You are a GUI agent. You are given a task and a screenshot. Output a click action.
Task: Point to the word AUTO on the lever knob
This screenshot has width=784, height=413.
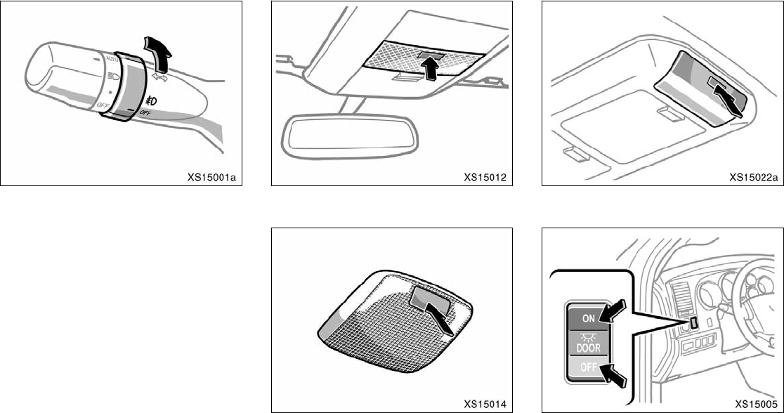tap(110, 62)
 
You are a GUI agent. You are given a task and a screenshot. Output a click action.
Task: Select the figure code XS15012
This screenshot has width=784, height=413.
tap(485, 177)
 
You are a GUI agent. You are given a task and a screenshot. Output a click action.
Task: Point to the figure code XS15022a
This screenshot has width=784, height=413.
tap(753, 177)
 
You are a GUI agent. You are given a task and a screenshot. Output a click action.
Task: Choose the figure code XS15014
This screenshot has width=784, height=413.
tap(485, 404)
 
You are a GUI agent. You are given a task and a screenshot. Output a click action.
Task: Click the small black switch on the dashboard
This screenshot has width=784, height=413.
tap(694, 322)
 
